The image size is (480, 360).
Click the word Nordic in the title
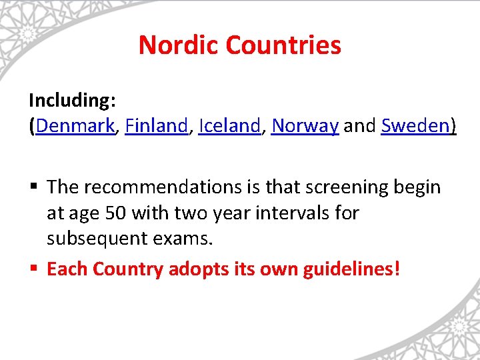point(179,45)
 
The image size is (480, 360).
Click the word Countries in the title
point(283,45)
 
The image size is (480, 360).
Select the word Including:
point(73,100)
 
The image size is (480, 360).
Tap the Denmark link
point(75,125)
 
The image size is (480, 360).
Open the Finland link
point(156,125)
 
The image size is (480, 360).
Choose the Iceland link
point(229,125)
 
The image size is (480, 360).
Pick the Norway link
point(305,125)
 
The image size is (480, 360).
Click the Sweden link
point(416,125)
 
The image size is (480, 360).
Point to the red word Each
point(67,269)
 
